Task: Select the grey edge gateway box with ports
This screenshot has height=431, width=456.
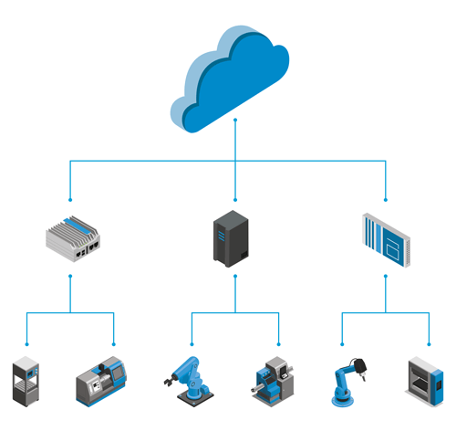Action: click(73, 237)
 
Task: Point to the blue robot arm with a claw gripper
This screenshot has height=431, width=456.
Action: click(189, 376)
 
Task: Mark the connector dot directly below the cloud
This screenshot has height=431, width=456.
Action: click(235, 120)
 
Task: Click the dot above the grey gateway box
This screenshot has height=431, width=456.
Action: click(71, 199)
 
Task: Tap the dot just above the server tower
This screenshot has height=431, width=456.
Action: click(235, 199)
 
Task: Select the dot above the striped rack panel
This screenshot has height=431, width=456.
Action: click(386, 199)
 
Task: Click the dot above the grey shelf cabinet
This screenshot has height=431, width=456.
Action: click(27, 344)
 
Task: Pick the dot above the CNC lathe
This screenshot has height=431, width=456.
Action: click(113, 344)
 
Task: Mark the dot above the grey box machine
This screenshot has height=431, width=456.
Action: click(427, 344)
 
